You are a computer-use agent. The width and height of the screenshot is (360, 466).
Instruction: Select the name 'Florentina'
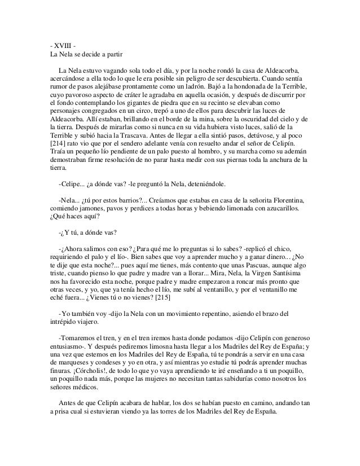(x=287, y=201)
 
